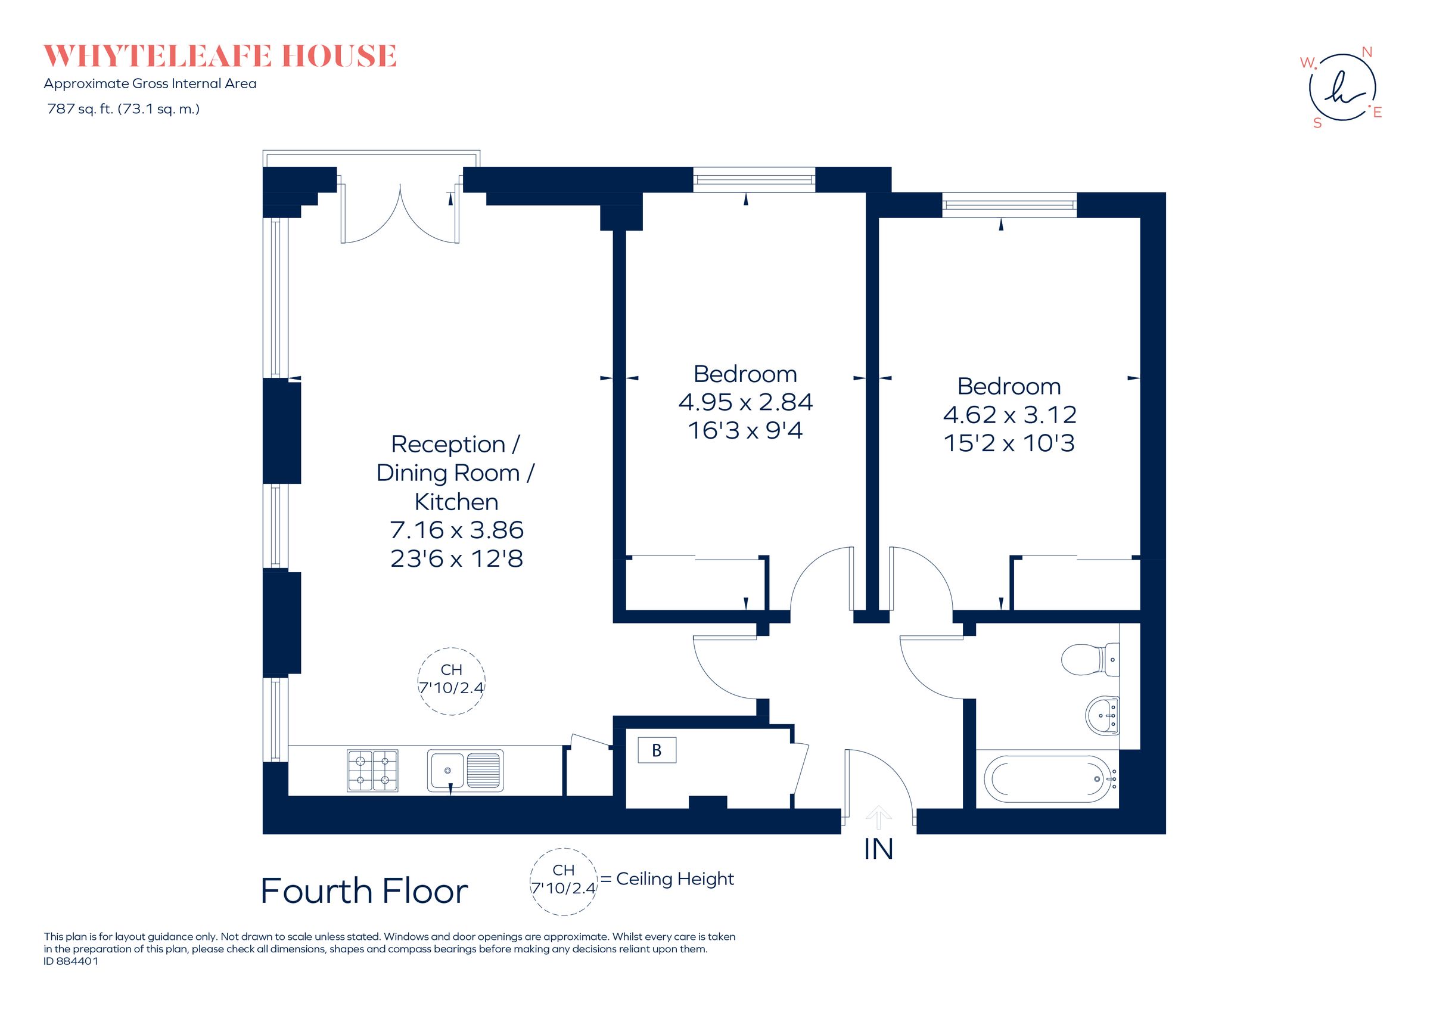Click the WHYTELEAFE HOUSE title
[219, 56]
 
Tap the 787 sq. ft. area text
[123, 109]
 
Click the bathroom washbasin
[1103, 715]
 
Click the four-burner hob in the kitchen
[372, 771]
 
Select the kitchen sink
[465, 771]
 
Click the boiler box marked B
[657, 750]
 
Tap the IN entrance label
[878, 849]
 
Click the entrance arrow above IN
[878, 816]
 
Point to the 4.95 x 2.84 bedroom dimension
[745, 402]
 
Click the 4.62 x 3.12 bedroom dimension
[1009, 415]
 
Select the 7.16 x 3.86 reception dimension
[456, 530]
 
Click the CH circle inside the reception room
[451, 681]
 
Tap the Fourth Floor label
[363, 890]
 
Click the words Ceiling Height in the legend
[675, 879]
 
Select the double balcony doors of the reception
[400, 212]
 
